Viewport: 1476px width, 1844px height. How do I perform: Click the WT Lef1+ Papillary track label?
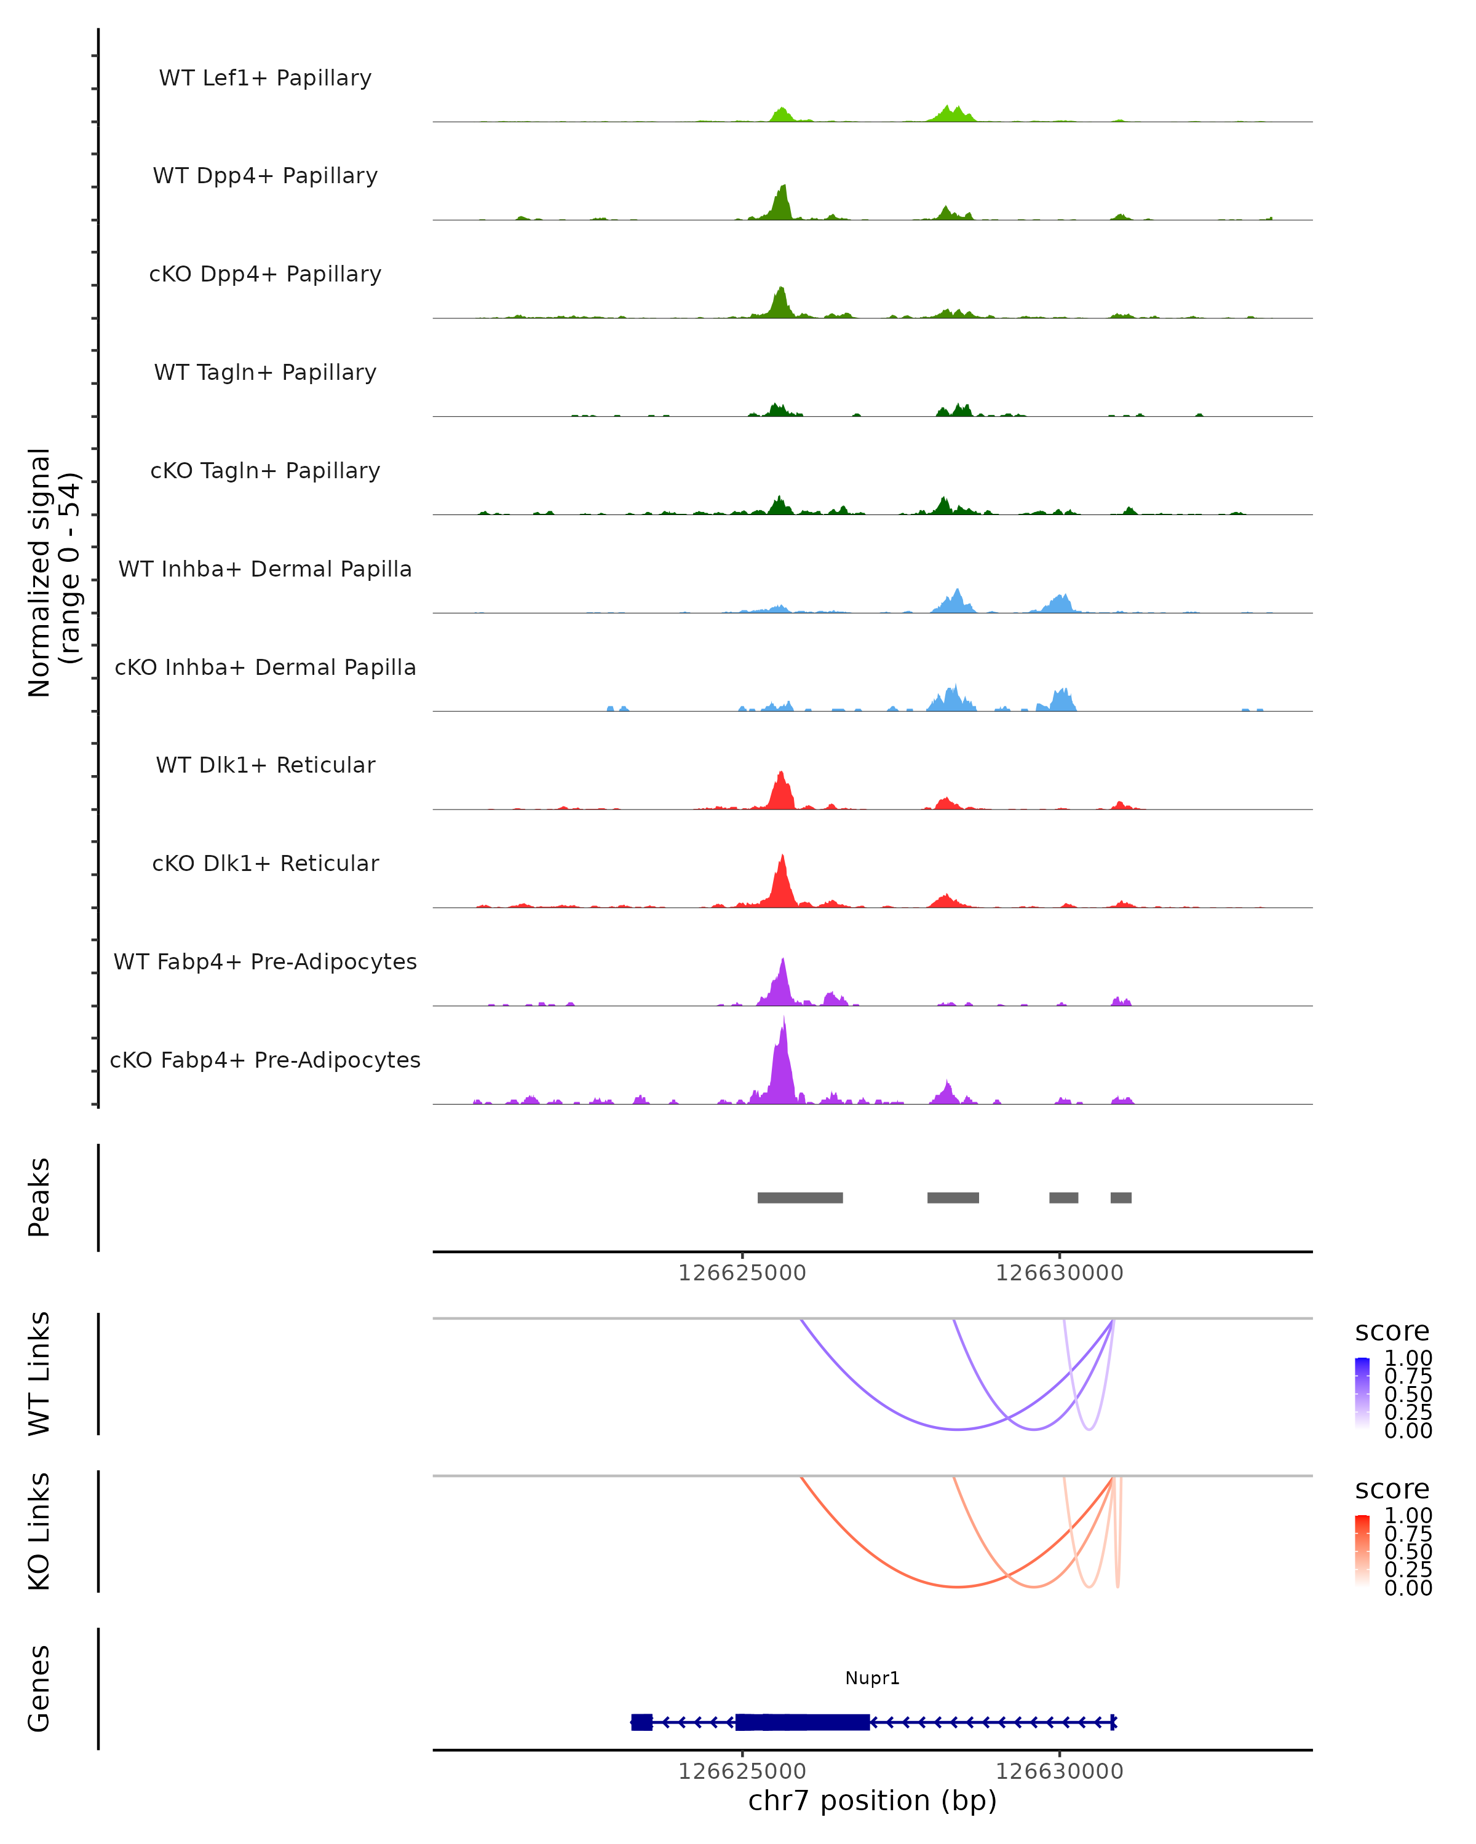click(x=265, y=78)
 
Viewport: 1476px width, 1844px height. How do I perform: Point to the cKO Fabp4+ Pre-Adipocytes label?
click(x=265, y=1060)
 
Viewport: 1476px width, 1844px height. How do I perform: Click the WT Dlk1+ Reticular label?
click(x=265, y=765)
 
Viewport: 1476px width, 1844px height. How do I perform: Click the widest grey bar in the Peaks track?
click(x=800, y=1197)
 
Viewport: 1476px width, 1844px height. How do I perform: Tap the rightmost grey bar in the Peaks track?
click(x=1121, y=1197)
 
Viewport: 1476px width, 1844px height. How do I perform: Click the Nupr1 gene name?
click(x=872, y=1678)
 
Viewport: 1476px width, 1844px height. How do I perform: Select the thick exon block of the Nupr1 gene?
click(x=803, y=1722)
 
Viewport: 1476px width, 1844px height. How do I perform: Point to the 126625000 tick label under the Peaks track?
click(x=742, y=1273)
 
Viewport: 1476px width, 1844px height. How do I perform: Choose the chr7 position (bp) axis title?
click(x=872, y=1800)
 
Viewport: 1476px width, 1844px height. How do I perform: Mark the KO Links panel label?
click(x=39, y=1531)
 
